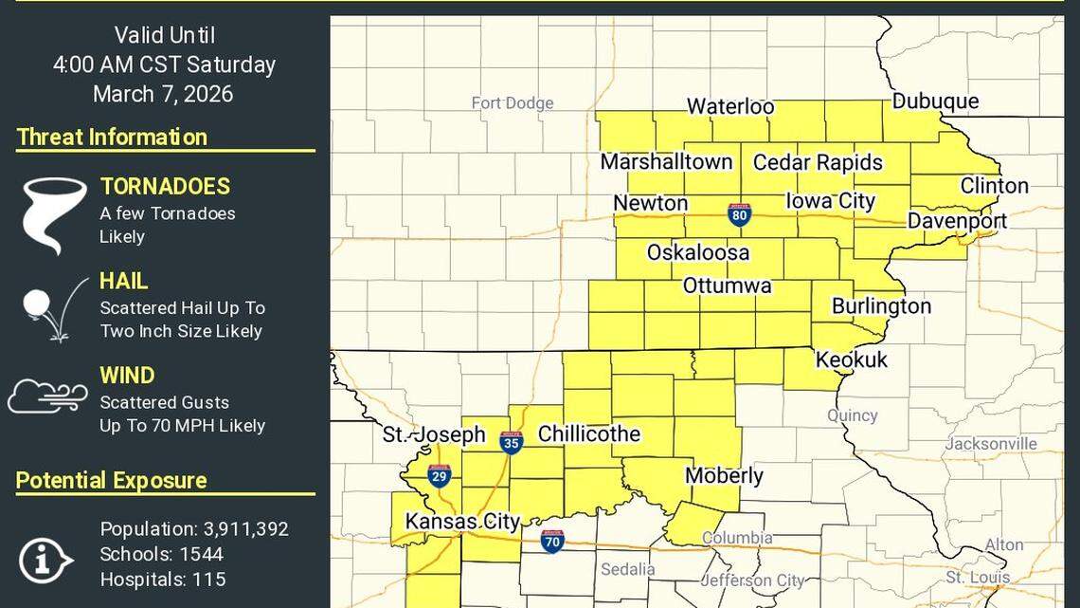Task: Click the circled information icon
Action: pos(45,560)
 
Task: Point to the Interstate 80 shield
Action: pos(740,214)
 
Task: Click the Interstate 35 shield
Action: pos(512,442)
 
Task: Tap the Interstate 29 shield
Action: pos(439,476)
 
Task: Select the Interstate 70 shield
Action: pos(552,541)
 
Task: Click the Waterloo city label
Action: pos(729,107)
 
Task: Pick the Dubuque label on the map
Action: pos(935,101)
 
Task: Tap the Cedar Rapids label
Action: pos(818,163)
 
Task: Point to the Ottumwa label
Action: pos(727,286)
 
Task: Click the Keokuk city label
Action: pos(852,359)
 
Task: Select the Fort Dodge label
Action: pos(513,103)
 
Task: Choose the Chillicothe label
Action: pos(589,434)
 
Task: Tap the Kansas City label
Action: pos(462,522)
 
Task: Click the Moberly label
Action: pos(724,476)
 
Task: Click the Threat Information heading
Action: pos(112,137)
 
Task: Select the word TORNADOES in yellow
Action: pos(165,187)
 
